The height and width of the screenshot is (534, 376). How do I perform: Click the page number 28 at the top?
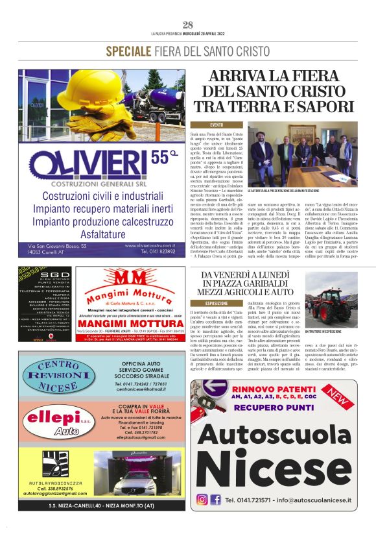(188, 25)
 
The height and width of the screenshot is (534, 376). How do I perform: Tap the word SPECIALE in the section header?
(129, 51)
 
